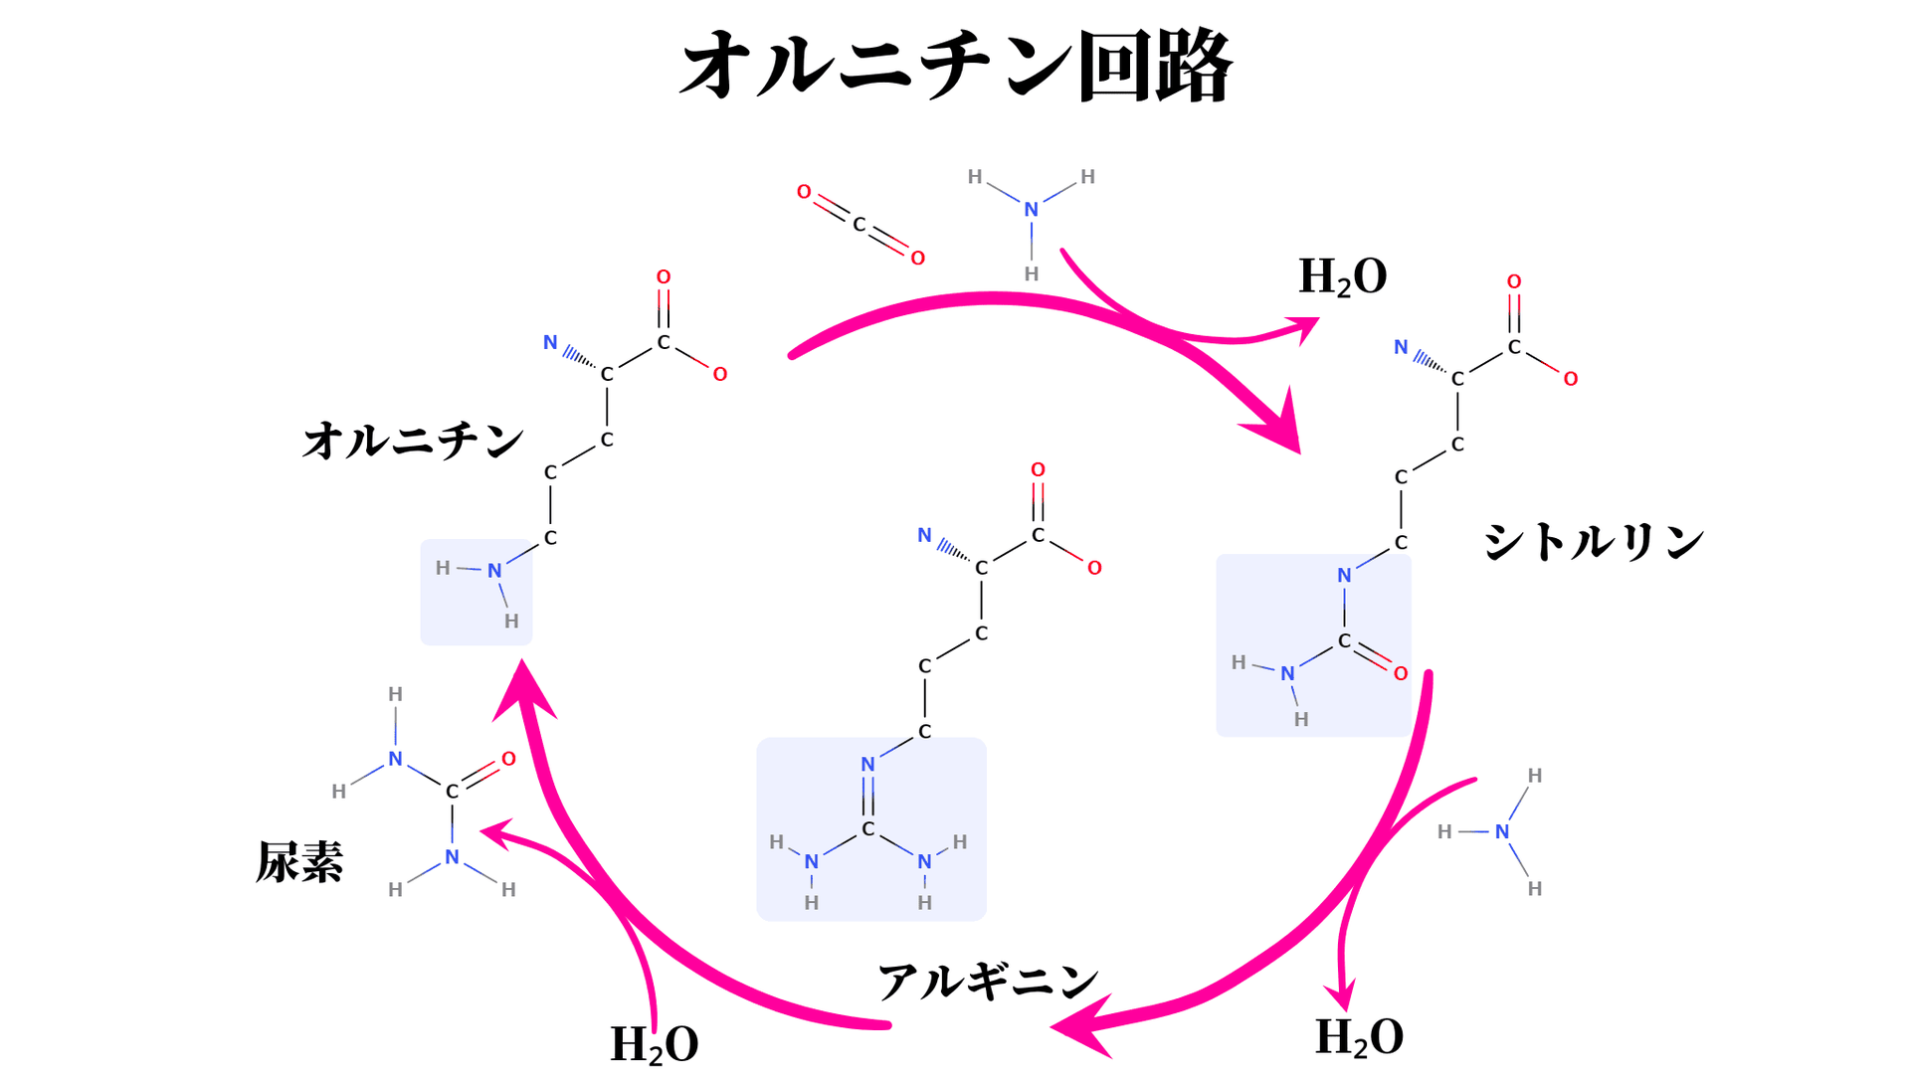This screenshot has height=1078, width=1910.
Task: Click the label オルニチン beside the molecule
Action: pyautogui.click(x=413, y=440)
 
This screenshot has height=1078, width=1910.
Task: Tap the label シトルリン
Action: pyautogui.click(x=1594, y=542)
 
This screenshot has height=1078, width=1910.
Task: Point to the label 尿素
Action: pyautogui.click(x=299, y=861)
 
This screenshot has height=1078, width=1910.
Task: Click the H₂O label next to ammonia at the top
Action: pyautogui.click(x=1342, y=276)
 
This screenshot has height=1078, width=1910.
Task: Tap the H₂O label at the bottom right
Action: pyautogui.click(x=1359, y=1037)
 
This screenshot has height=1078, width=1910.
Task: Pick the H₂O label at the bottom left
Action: pyautogui.click(x=654, y=1044)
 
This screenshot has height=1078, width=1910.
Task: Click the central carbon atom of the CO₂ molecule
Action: pyautogui.click(x=859, y=225)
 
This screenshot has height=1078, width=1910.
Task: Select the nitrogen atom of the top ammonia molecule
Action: pyautogui.click(x=1031, y=210)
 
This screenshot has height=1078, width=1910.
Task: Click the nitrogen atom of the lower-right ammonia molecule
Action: pyautogui.click(x=1501, y=831)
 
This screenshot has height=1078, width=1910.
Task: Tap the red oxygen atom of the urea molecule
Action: pyautogui.click(x=508, y=759)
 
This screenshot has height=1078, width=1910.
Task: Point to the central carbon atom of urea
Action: pyautogui.click(x=452, y=792)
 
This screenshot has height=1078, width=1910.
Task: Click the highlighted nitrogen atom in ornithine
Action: pyautogui.click(x=494, y=571)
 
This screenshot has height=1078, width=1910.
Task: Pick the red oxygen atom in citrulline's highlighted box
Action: pyautogui.click(x=1401, y=673)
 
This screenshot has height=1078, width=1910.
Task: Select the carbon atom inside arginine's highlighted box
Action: pyautogui.click(x=867, y=828)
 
